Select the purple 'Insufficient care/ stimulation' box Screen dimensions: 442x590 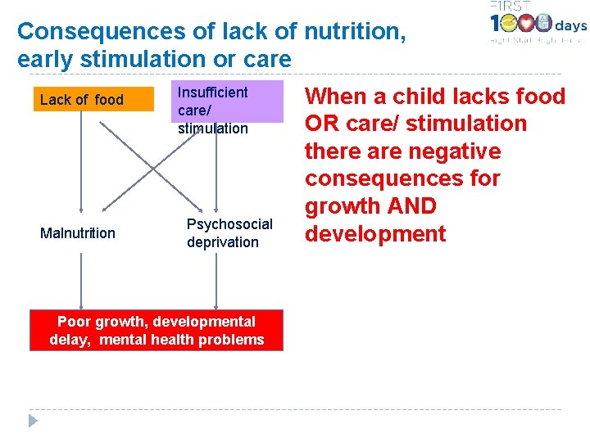point(226,102)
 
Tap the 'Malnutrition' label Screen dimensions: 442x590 point(78,233)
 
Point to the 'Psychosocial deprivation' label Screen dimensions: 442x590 point(229,232)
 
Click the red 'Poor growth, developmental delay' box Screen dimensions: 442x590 point(157,330)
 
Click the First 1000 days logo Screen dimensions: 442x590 point(537,25)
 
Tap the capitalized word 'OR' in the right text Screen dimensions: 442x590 point(325,124)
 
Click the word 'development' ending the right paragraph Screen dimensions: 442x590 point(375,234)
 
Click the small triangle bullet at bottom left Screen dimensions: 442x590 point(33,421)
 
